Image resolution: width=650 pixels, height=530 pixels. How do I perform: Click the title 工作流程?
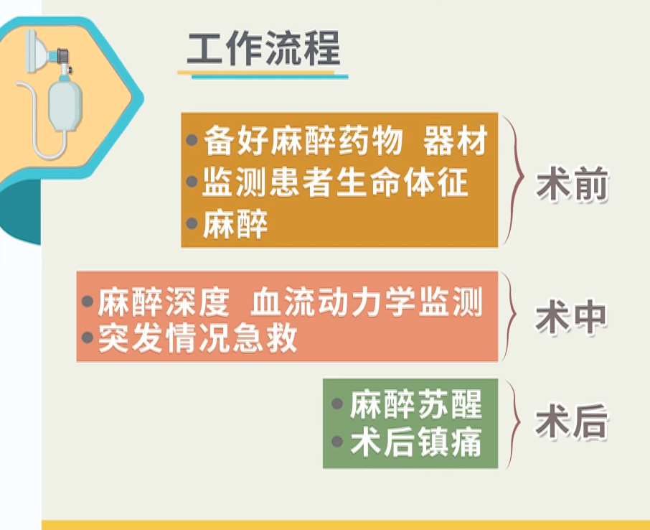point(263,48)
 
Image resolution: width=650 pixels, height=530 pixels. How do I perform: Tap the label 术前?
point(572,184)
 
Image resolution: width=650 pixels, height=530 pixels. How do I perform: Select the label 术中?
point(571,317)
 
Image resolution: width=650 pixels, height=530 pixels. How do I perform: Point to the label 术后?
point(572,423)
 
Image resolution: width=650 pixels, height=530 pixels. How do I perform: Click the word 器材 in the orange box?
point(456,141)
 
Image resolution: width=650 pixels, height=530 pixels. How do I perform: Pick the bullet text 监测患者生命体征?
point(335,182)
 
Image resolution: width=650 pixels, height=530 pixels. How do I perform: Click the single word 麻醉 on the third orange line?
point(235,223)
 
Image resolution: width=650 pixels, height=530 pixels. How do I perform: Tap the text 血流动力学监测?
point(367,302)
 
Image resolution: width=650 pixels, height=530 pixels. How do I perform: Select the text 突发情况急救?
point(198,338)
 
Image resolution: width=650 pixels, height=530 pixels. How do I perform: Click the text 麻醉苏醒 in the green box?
point(416,404)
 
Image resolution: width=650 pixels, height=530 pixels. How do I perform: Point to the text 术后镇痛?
point(416,442)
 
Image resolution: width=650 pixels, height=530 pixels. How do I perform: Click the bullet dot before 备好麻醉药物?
point(192,140)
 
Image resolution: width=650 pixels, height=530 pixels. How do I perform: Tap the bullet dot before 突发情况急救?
point(87,338)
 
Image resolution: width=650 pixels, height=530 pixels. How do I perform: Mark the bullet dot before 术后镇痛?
point(337,442)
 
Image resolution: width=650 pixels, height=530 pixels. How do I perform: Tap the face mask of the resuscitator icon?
point(37,51)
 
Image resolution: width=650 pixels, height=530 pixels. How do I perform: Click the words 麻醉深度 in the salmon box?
point(164,302)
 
